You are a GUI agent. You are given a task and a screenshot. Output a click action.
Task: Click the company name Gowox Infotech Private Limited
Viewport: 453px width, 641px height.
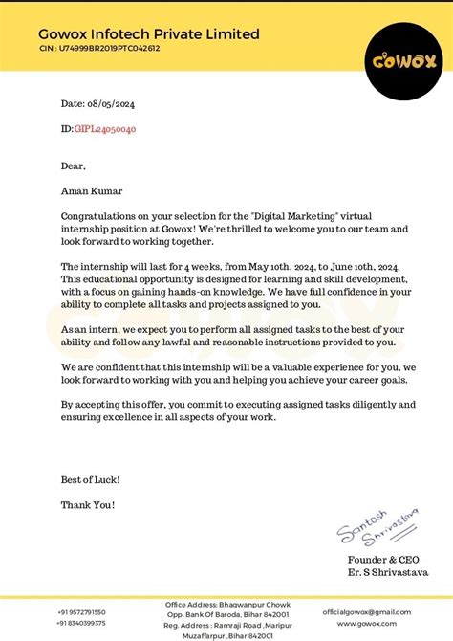149,34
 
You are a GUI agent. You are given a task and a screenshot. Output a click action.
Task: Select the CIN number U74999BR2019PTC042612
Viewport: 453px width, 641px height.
113,48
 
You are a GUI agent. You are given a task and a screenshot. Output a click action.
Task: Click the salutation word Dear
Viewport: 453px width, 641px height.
74,166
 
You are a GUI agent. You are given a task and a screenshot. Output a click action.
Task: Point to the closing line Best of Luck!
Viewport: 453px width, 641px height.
91,479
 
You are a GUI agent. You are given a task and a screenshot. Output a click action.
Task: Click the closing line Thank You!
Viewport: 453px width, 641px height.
88,504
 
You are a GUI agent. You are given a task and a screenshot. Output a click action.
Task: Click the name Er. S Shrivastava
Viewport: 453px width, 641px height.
387,572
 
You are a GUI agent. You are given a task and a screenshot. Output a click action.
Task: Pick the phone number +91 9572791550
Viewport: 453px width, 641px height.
81,612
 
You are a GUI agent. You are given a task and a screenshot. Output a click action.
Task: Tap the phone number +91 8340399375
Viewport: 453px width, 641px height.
81,623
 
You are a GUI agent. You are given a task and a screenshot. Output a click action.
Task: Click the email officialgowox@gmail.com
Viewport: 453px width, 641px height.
366,612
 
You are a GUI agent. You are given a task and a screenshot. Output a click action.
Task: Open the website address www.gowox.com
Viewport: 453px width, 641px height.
367,623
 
